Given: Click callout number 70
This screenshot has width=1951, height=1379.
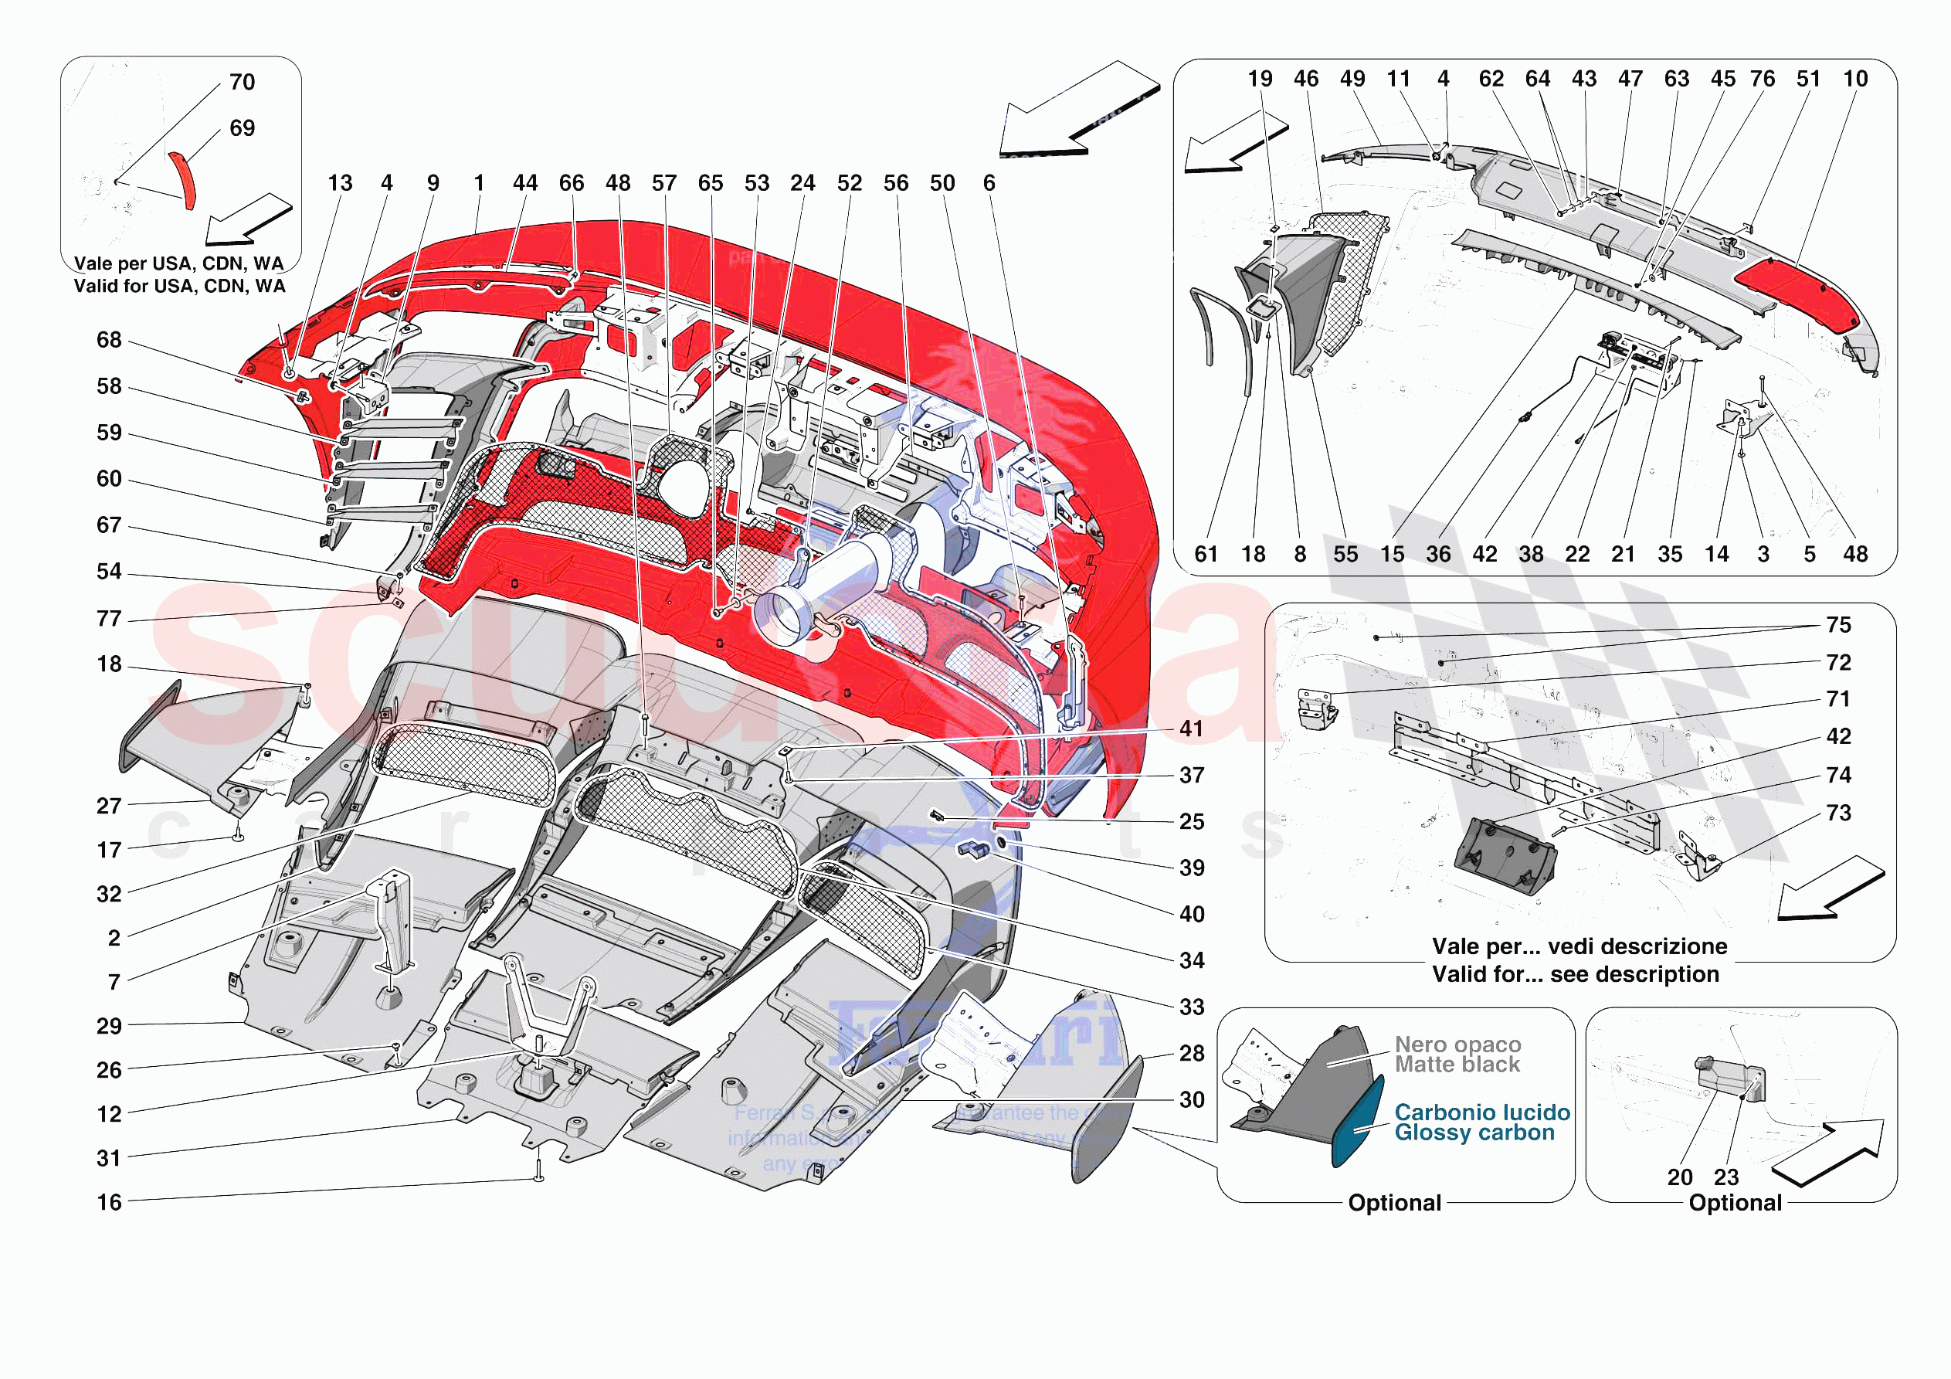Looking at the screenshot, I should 243,83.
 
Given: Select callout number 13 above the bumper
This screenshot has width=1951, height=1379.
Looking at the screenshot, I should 340,184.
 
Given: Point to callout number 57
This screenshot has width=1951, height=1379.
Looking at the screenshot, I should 663,184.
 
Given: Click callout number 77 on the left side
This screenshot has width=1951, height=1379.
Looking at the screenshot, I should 109,619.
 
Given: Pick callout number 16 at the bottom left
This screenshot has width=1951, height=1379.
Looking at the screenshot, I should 109,1203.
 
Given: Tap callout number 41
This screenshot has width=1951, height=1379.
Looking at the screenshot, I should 1191,729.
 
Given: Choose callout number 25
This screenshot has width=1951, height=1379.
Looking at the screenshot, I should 1191,822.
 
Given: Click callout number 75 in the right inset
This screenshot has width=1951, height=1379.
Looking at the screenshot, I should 1838,626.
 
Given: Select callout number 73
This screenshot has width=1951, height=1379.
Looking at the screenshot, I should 1838,813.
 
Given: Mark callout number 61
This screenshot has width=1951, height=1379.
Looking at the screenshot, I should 1206,555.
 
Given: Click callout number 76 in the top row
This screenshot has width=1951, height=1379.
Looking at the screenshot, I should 1763,79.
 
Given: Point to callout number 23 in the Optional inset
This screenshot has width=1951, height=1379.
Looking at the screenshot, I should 1725,1177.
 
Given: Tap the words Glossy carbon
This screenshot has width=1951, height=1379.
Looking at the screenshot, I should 1474,1133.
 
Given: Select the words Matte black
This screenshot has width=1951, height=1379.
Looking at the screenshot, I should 1457,1065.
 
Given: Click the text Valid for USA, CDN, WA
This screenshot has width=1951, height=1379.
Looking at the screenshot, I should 179,287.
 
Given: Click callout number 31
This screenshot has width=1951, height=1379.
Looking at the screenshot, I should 109,1158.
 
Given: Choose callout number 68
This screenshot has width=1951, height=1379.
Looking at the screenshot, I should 109,340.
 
